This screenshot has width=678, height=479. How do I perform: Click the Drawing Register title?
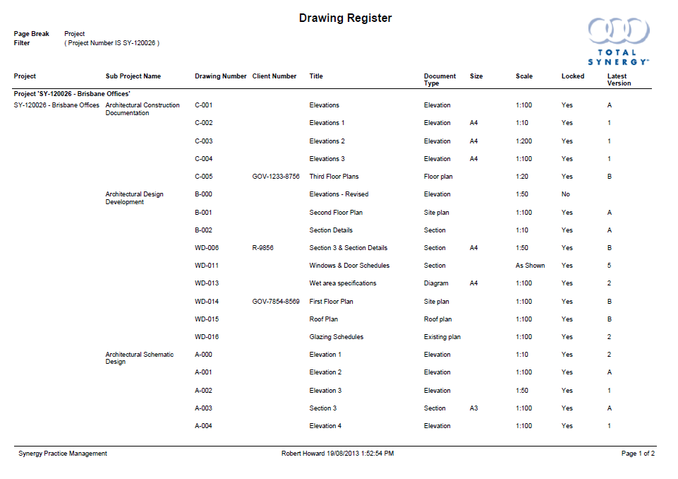tap(345, 18)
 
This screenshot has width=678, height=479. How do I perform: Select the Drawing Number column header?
tap(220, 76)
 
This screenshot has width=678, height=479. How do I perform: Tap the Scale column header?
tap(524, 76)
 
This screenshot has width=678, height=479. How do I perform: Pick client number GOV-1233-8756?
tap(276, 177)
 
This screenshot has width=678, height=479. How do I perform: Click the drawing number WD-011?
tap(207, 266)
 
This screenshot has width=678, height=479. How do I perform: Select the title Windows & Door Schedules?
tap(349, 266)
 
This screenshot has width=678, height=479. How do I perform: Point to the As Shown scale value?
tap(530, 266)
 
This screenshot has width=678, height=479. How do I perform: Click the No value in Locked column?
tap(566, 194)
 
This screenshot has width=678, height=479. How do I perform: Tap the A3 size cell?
tap(474, 408)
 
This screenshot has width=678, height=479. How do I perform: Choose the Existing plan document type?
tap(442, 337)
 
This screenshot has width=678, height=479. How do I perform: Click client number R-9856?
tap(262, 248)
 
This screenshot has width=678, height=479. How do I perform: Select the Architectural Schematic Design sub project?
tap(139, 358)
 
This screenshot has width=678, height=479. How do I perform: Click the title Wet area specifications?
tap(343, 283)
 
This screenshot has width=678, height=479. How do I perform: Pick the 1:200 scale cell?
tap(524, 141)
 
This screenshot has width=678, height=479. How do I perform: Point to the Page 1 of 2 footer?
tap(638, 454)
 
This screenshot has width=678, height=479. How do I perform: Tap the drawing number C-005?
tap(203, 177)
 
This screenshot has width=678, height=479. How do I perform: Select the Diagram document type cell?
tap(436, 283)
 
